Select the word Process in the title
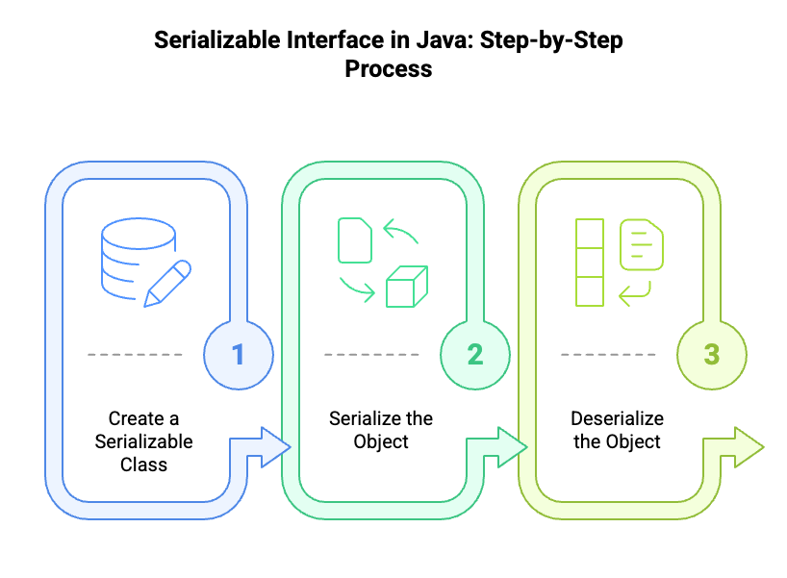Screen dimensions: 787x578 (x=389, y=68)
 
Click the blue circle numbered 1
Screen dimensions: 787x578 (x=239, y=355)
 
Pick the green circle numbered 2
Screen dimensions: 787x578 (x=475, y=355)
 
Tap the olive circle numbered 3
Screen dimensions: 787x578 (x=712, y=355)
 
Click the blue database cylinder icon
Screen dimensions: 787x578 (x=137, y=258)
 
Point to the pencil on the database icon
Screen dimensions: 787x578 (x=167, y=283)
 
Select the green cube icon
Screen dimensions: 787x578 (x=407, y=286)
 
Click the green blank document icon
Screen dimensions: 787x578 (x=355, y=240)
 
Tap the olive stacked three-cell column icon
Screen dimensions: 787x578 (x=590, y=263)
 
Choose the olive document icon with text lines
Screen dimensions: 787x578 (x=642, y=244)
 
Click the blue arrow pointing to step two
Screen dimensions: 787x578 (x=261, y=447)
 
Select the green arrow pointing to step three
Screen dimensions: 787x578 (x=496, y=447)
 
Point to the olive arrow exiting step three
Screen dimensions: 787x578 (x=734, y=447)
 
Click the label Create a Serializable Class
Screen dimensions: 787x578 (x=143, y=441)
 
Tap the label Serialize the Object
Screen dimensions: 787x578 (x=381, y=430)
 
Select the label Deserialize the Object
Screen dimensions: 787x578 (x=618, y=430)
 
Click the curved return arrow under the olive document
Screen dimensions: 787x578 (x=635, y=293)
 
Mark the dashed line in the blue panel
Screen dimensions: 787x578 (x=135, y=355)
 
